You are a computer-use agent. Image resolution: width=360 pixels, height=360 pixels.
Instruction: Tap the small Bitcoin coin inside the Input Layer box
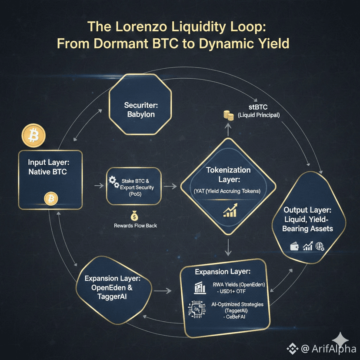click(x=51, y=199)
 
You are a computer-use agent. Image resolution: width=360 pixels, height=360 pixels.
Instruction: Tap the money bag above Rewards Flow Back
click(x=134, y=215)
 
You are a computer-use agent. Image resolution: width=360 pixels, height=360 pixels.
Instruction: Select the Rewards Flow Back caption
click(x=135, y=226)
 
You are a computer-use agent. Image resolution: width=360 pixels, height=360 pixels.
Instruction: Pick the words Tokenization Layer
click(x=228, y=174)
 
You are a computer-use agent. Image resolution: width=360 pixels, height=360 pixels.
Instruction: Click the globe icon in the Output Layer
click(x=320, y=246)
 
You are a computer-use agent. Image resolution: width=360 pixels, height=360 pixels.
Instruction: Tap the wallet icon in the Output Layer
click(x=294, y=247)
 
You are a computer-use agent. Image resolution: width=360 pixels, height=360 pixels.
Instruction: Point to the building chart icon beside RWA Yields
click(x=200, y=287)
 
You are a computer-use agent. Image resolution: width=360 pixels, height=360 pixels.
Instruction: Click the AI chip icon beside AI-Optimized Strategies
click(x=196, y=309)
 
